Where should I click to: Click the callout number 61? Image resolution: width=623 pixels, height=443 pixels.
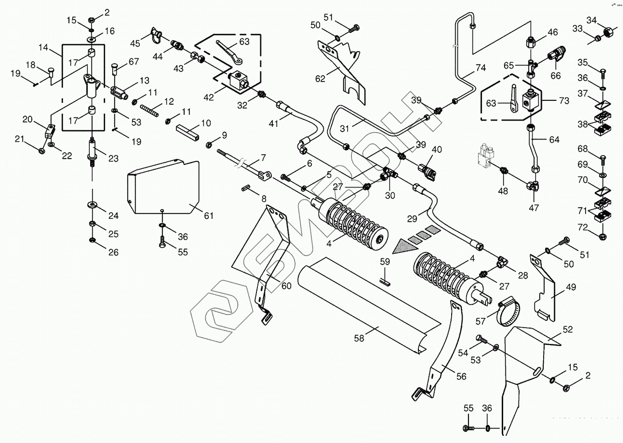208,216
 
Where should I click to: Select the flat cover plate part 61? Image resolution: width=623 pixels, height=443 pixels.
162,185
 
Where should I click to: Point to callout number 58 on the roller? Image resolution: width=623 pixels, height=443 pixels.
359,338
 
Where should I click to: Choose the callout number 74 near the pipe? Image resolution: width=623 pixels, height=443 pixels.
481,68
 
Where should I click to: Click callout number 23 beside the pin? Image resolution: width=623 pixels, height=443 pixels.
113,158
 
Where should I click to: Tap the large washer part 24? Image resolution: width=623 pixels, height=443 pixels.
92,205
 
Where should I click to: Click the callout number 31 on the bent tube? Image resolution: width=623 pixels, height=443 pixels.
345,128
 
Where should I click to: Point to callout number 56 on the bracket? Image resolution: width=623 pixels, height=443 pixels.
461,376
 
